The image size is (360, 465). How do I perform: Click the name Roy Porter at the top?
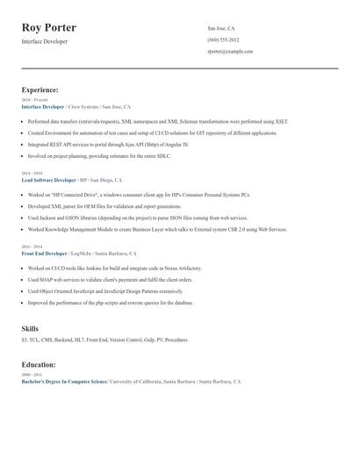click(48, 27)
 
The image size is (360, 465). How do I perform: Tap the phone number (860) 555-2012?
click(223, 39)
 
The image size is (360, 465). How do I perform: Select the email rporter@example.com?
click(230, 51)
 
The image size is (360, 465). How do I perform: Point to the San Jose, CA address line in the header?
click(221, 28)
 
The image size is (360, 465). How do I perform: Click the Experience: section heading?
click(40, 89)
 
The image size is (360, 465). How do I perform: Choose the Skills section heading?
click(30, 328)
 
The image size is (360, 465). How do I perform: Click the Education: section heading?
click(39, 364)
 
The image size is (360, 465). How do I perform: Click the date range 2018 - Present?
click(34, 100)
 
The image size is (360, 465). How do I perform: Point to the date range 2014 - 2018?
click(31, 173)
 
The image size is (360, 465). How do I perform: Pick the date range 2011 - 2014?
click(31, 247)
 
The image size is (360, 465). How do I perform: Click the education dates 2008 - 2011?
click(31, 375)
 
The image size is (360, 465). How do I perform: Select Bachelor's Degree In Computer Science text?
click(64, 382)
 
